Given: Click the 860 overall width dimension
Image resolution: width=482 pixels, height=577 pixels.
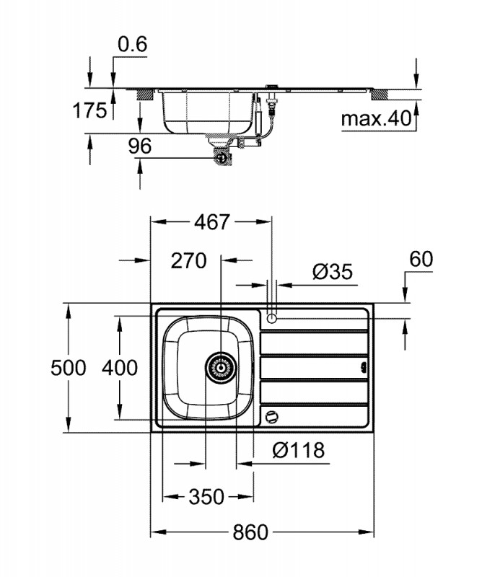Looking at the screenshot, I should pos(250,533).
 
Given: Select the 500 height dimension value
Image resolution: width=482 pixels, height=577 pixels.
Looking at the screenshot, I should pos(69,368).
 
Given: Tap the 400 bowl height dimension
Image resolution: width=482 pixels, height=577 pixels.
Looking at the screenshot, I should pos(120,368).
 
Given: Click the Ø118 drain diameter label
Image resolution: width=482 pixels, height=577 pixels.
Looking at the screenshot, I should pos(299,451).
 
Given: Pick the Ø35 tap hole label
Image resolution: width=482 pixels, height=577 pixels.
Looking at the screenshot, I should pos(332,272).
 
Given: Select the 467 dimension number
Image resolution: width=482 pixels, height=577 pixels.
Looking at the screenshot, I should pos(212,222).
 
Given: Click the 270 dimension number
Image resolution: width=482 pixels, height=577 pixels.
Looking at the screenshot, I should pos(189,260).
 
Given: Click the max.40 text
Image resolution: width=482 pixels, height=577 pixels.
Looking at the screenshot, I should pos(374,117).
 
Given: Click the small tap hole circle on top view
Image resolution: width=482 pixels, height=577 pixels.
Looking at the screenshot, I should pos(271,318).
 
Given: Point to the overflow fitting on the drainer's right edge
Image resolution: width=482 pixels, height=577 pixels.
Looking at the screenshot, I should pos(364,366).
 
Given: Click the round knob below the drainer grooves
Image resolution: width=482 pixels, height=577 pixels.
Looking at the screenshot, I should pos(271,416).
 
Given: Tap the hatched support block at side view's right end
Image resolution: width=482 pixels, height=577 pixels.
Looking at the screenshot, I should pos(380,93).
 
